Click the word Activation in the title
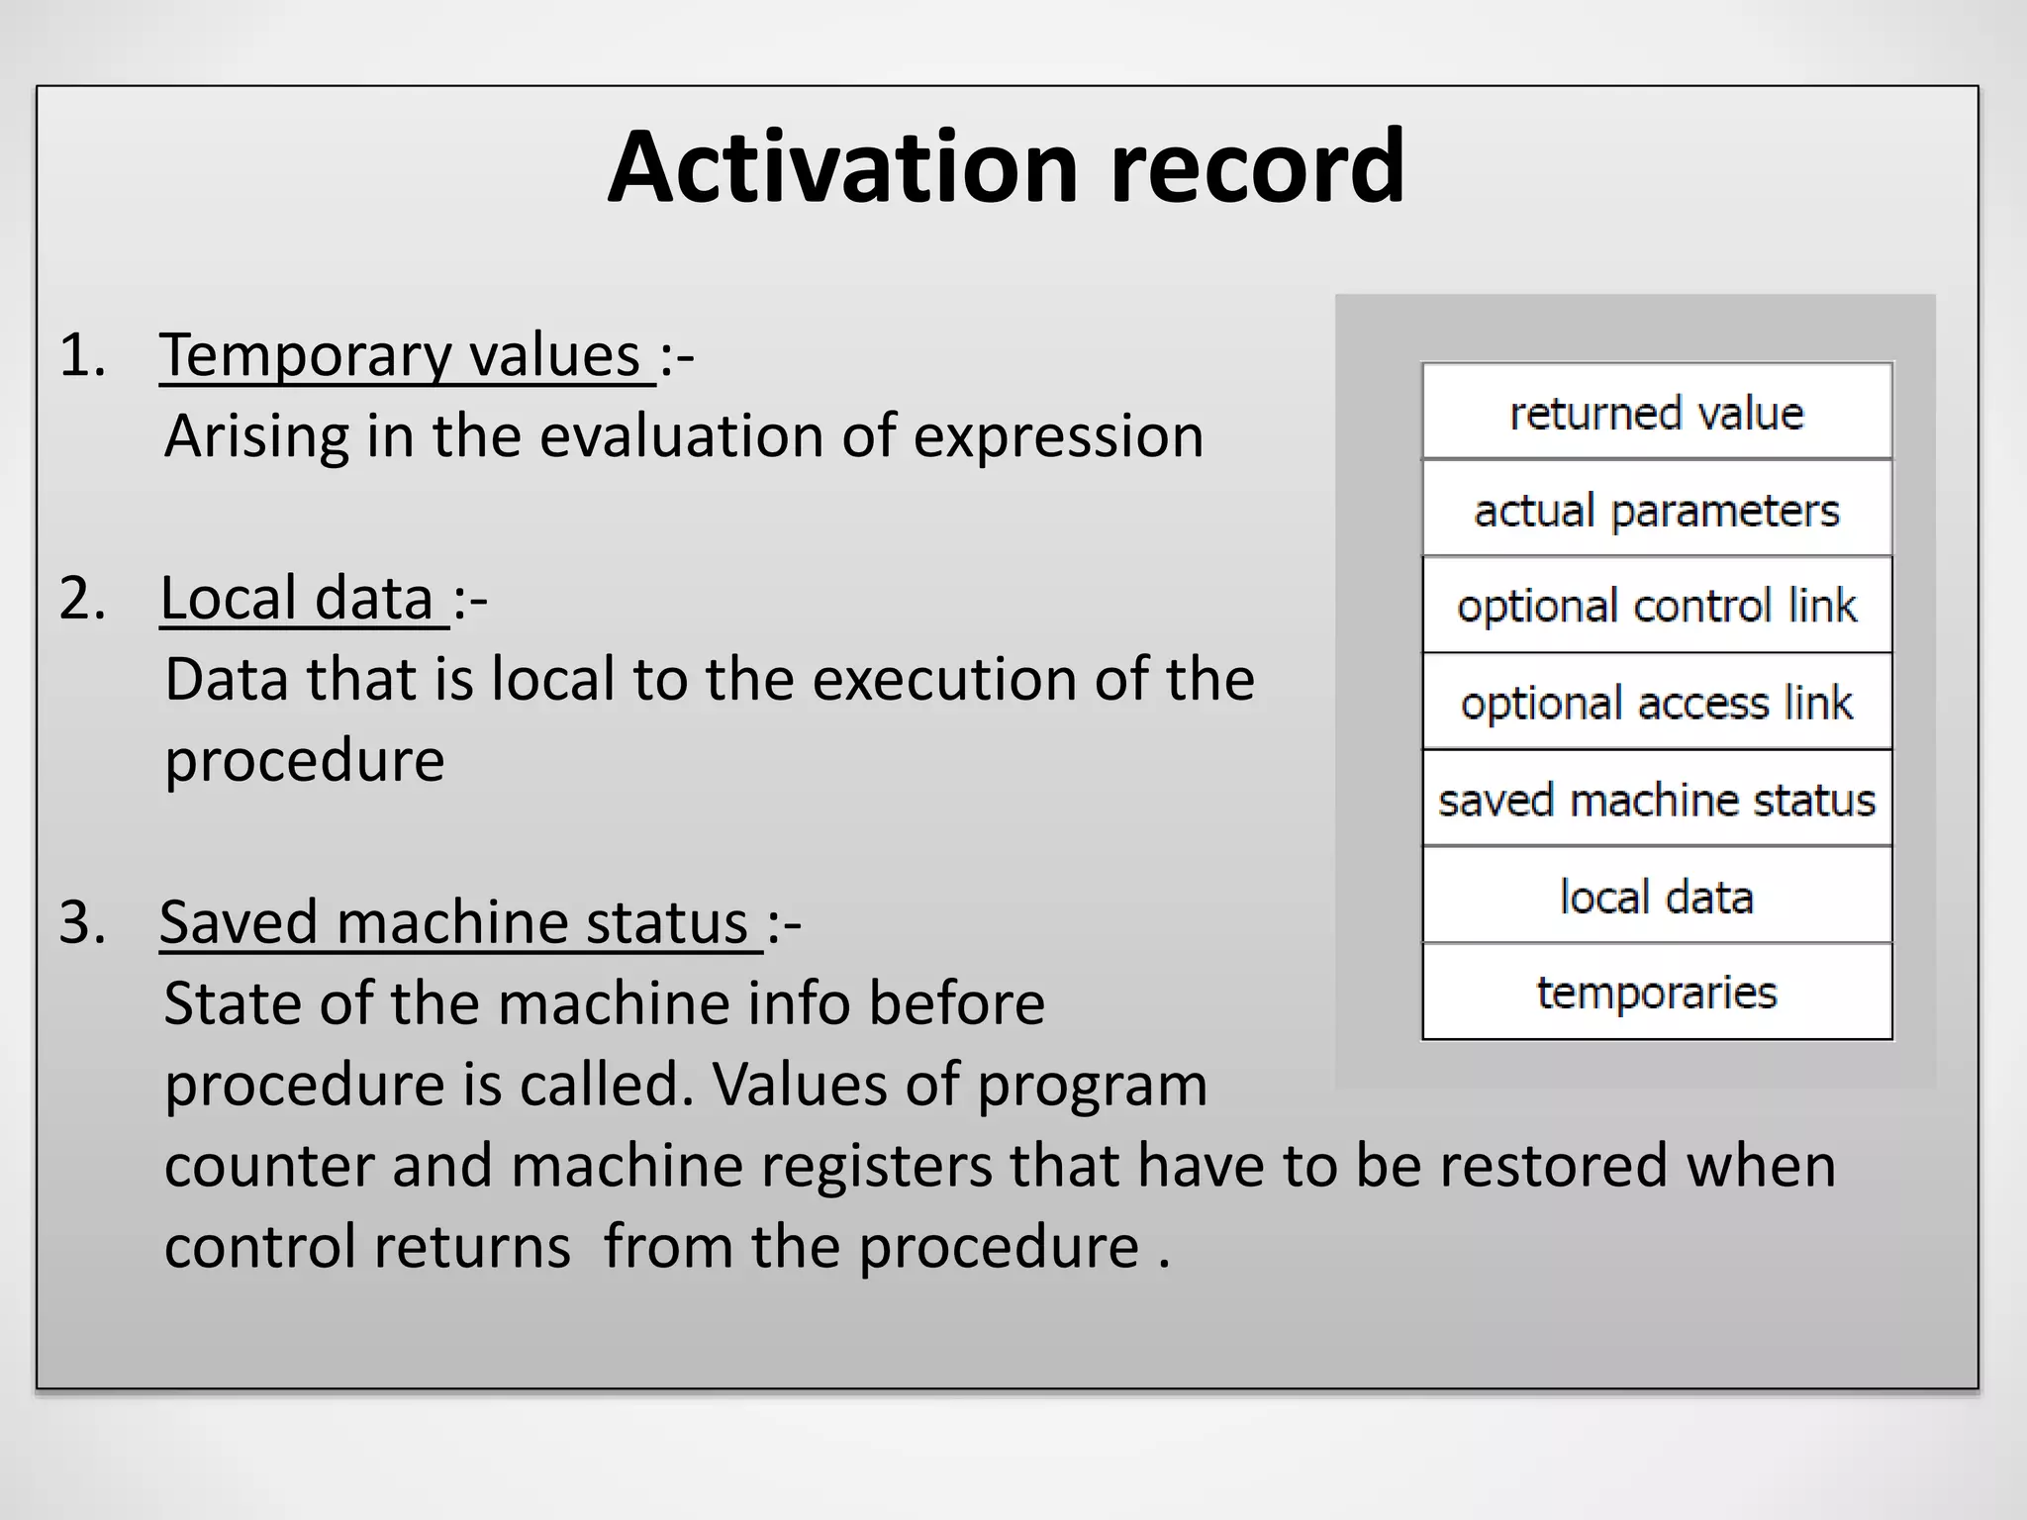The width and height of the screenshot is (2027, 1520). click(x=841, y=168)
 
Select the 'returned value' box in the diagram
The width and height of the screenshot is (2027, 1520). click(x=1657, y=412)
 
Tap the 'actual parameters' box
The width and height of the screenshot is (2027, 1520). click(x=1657, y=510)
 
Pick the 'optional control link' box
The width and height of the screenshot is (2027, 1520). click(x=1657, y=605)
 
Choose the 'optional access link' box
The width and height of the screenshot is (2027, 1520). click(x=1657, y=702)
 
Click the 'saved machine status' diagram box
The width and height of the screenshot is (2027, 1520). click(x=1657, y=799)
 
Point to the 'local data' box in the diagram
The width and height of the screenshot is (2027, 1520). click(x=1657, y=896)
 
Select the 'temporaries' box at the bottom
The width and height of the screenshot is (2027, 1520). click(x=1657, y=992)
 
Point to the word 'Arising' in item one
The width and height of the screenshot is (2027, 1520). click(x=256, y=437)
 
